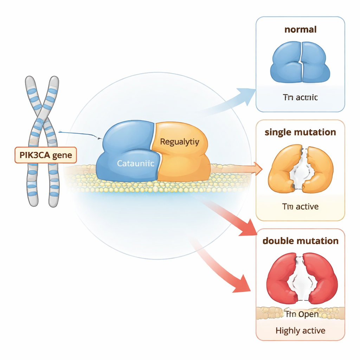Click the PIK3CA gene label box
(45, 155)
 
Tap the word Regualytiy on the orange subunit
(179, 142)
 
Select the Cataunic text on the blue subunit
(135, 163)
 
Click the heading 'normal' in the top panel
(300, 29)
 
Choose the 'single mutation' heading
(300, 132)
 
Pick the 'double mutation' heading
(300, 241)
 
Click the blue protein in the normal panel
(300, 62)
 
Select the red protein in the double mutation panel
(281, 278)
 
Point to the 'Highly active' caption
(300, 330)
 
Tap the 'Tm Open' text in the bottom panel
(301, 314)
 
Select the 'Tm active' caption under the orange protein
(300, 206)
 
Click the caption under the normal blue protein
(300, 97)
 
